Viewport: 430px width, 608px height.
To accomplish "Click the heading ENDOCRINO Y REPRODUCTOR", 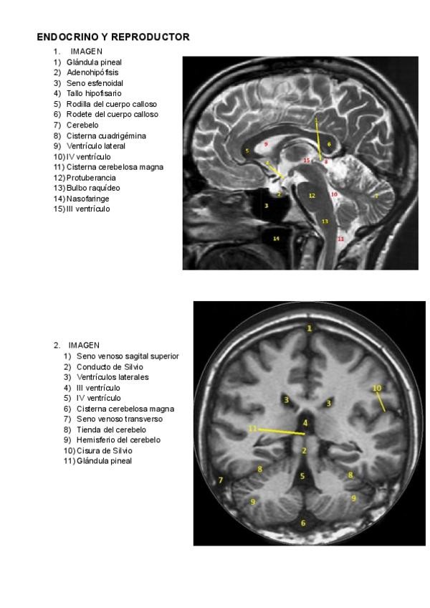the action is point(113,37).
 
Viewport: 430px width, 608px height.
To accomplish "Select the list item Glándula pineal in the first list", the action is point(93,62).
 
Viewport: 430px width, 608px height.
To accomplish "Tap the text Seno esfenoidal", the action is point(95,83).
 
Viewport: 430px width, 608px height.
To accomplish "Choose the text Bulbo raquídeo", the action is point(93,188).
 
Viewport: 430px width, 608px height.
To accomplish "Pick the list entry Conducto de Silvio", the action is point(110,366).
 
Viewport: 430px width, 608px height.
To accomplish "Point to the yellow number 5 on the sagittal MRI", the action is point(247,151).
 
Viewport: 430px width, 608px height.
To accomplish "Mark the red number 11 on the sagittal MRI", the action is point(340,238).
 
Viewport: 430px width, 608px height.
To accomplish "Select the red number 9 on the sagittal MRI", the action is point(266,144).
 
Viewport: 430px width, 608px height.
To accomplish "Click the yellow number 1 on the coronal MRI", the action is point(310,328).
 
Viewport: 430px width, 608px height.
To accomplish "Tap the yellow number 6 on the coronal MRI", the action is point(303,523).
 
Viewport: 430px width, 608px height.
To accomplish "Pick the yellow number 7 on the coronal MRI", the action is point(221,480).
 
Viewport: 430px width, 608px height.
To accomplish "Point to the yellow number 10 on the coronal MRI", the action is point(377,388).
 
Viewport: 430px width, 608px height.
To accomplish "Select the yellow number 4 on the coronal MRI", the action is point(305,423).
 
